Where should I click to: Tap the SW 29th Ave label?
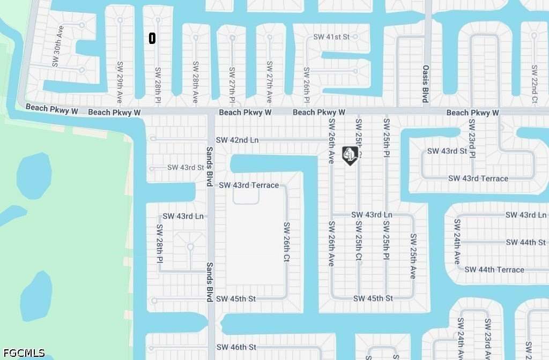(x=120, y=82)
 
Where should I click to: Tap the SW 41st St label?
(x=331, y=37)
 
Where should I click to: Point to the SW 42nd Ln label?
(x=237, y=140)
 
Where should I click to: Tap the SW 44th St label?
(x=525, y=243)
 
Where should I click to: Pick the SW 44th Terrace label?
(x=494, y=269)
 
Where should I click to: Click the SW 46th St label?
(x=236, y=347)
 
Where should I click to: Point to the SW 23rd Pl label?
(x=472, y=138)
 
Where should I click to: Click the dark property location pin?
(x=350, y=155)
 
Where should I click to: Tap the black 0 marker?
(x=152, y=38)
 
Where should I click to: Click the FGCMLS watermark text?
(x=23, y=353)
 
